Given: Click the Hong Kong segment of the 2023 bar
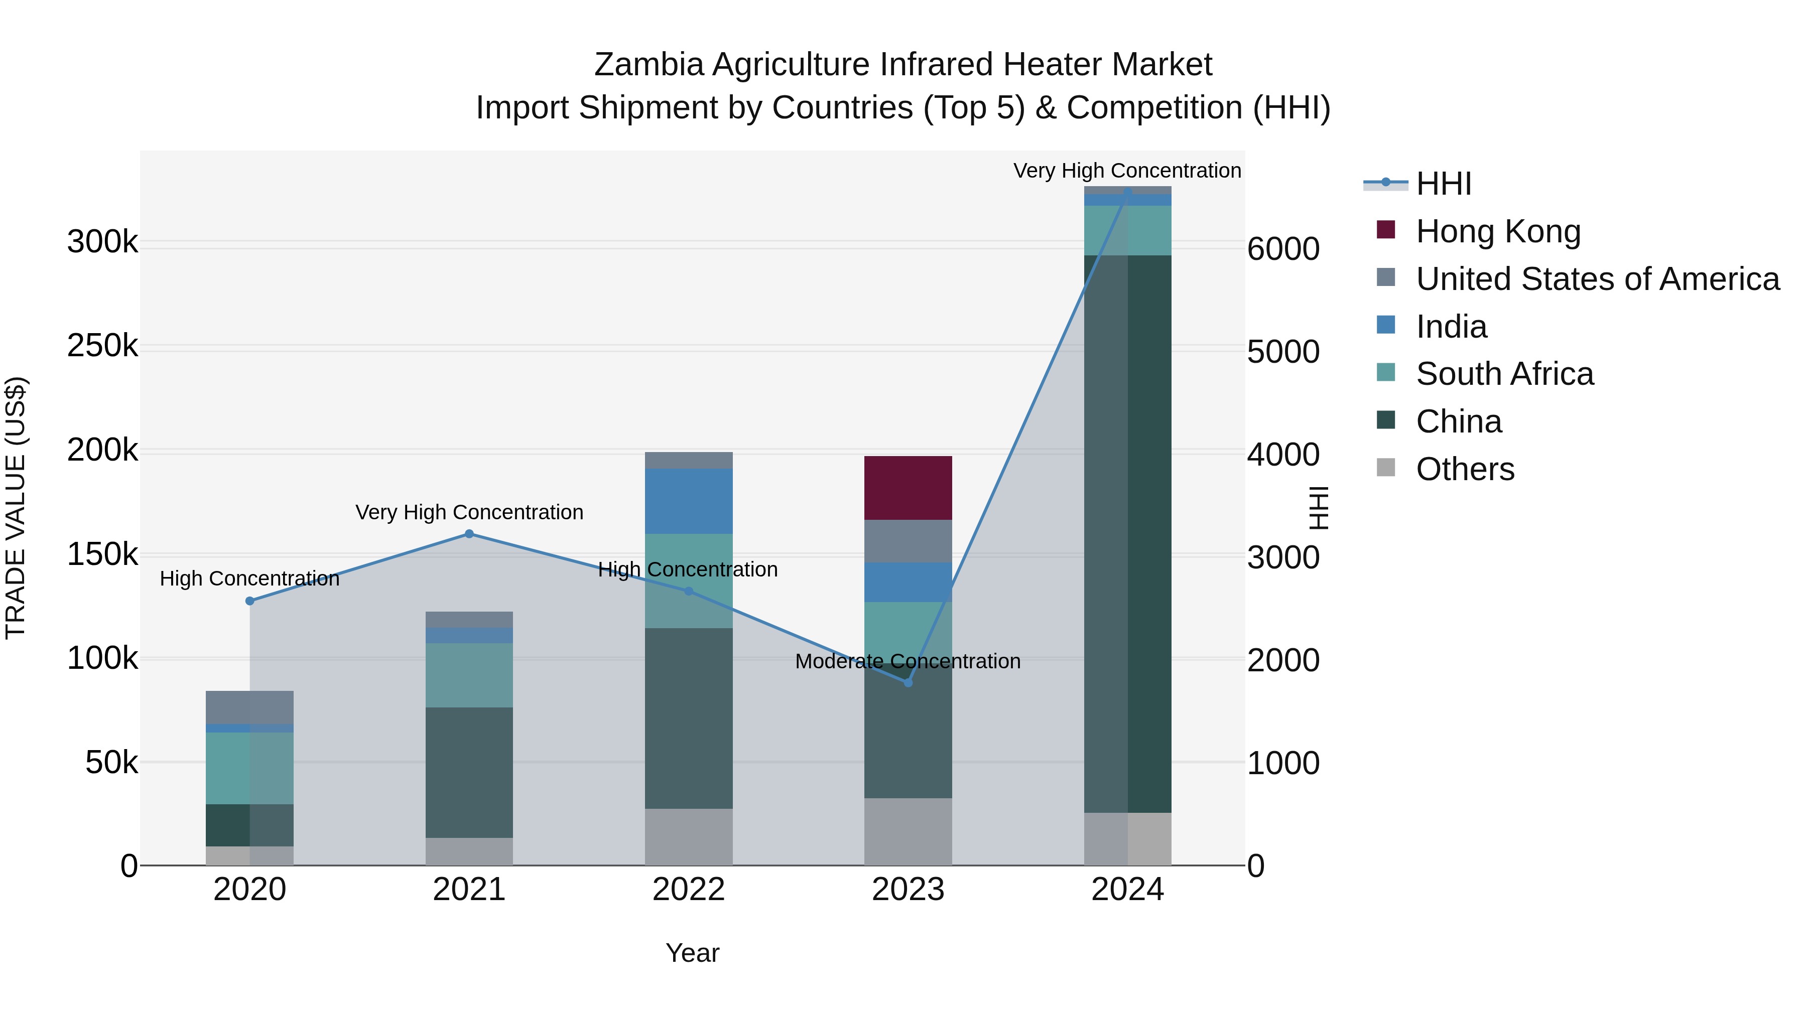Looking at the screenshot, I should coord(908,488).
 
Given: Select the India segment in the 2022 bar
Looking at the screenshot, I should coord(688,501).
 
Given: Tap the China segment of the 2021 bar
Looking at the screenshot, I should coord(469,772).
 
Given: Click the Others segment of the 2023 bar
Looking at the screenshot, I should coord(908,831).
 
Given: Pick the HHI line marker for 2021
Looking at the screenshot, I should coord(469,534).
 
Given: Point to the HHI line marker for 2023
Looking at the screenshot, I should coord(908,682).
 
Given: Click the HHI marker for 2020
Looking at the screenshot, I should coord(250,601).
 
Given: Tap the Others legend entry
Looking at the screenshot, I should coord(1465,469).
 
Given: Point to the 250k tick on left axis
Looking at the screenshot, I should coord(102,346).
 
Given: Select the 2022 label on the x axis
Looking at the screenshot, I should coord(688,890).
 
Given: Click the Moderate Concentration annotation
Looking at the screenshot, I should coord(908,661).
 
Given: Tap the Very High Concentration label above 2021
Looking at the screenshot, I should coord(469,513).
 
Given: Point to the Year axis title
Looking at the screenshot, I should coord(692,953).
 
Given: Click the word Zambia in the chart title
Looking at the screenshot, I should coord(648,65).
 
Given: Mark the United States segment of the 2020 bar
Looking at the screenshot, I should coord(250,707).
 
